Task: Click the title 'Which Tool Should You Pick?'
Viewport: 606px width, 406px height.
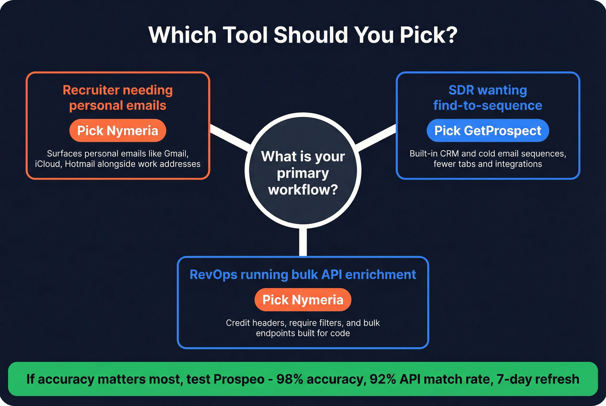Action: click(x=303, y=35)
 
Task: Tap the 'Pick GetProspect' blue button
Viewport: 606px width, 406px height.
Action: click(x=487, y=131)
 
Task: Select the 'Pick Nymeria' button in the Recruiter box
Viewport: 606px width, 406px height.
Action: click(x=118, y=131)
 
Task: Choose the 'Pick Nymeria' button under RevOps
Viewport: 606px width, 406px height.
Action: click(x=303, y=300)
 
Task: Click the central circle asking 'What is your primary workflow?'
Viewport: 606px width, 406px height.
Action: click(x=303, y=173)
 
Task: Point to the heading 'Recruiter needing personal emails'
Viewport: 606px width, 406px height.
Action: click(x=118, y=98)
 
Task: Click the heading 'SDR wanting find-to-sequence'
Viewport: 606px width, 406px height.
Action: click(x=487, y=98)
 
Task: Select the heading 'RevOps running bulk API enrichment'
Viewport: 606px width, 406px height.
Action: click(x=303, y=275)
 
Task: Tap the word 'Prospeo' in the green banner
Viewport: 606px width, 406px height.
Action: click(x=239, y=379)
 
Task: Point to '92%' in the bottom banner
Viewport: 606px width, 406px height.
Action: click(x=383, y=379)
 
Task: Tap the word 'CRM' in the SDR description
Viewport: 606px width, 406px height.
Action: click(x=449, y=153)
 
